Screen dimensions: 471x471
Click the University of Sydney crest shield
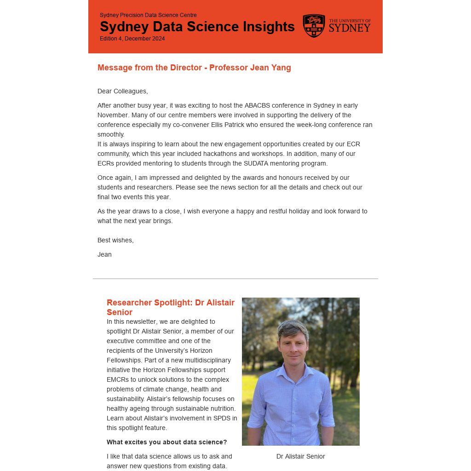[314, 26]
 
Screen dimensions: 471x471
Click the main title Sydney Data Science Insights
[197, 27]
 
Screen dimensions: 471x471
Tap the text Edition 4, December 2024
[132, 39]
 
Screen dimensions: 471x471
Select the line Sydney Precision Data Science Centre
[148, 15]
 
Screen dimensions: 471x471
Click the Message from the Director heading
[194, 68]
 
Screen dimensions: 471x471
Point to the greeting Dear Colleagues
[122, 91]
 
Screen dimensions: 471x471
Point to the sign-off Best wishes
[115, 240]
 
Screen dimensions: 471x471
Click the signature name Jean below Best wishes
[104, 254]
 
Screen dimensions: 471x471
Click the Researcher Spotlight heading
[171, 307]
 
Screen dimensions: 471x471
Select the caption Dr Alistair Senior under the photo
[300, 456]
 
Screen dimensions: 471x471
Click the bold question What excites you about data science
[167, 442]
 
